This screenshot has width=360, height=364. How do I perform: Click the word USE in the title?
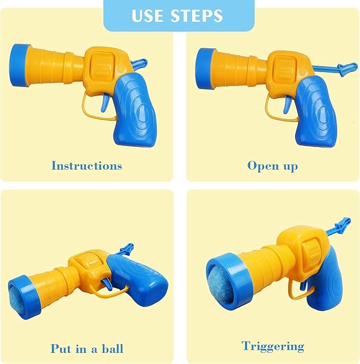click(x=149, y=15)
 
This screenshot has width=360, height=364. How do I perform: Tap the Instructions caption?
click(x=86, y=166)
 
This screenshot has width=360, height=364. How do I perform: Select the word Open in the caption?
click(x=263, y=166)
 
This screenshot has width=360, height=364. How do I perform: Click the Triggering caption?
click(x=273, y=346)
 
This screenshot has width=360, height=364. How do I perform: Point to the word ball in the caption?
click(x=111, y=349)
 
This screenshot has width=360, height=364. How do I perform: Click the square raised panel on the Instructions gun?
click(x=103, y=67)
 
